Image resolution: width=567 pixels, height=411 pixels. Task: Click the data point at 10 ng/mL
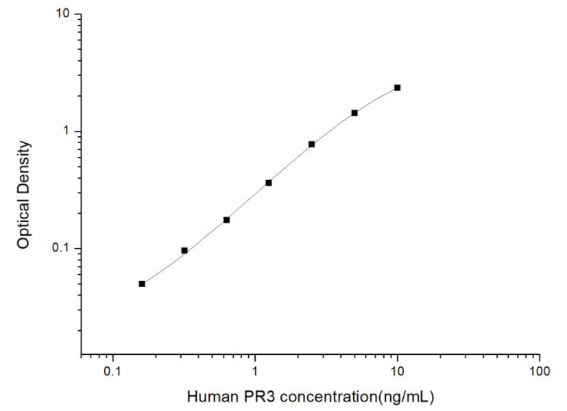(397, 88)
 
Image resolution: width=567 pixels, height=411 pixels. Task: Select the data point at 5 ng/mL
(354, 112)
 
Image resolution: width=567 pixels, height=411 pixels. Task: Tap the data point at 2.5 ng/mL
(311, 144)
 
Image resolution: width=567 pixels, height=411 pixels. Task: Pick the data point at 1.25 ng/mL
(269, 183)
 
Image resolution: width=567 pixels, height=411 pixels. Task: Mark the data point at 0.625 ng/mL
(226, 220)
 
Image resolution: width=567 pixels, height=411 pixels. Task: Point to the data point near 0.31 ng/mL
(184, 251)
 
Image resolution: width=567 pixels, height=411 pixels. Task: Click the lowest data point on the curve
(142, 284)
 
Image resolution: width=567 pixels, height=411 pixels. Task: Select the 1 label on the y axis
(69, 132)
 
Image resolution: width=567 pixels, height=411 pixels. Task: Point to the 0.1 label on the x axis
(112, 372)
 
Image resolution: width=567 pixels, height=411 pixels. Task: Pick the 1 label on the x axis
(255, 372)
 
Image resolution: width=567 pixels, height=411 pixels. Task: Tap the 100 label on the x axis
(540, 372)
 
